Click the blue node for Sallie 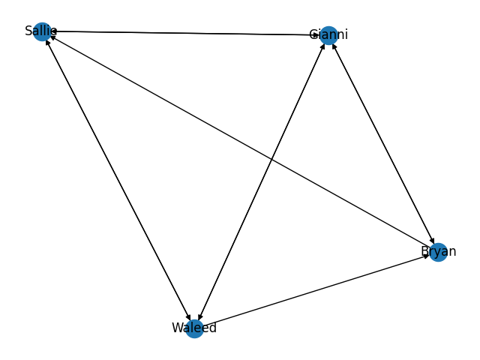point(42,31)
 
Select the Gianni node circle point(328,34)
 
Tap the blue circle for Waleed point(194,328)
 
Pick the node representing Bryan point(438,252)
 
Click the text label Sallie point(40,31)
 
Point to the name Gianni point(328,34)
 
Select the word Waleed point(194,328)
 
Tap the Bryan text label point(438,251)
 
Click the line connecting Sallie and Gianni point(184,33)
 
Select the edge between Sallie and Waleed point(118,179)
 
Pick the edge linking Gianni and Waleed point(261,181)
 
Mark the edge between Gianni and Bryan point(382,143)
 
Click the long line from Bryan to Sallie point(240,142)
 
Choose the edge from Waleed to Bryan point(316,290)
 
